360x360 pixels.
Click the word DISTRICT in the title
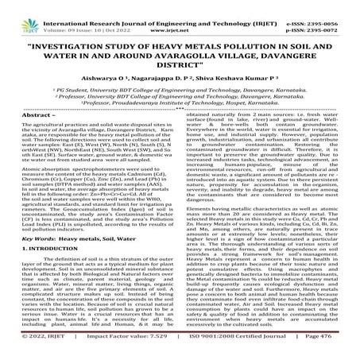180,69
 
